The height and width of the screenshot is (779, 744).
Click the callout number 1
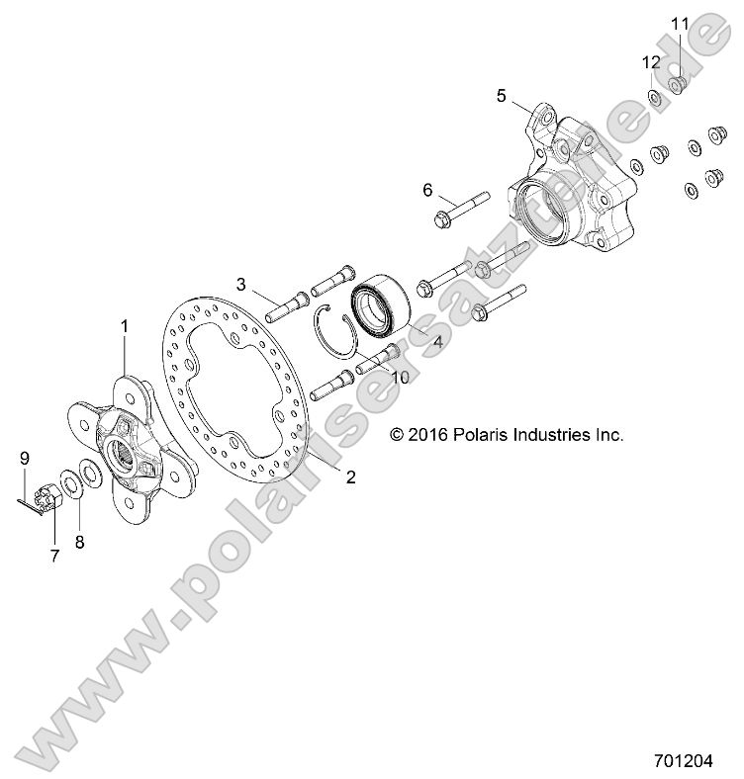[x=125, y=325]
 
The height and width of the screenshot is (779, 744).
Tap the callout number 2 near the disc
[x=350, y=476]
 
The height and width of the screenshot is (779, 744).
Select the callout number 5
[x=502, y=95]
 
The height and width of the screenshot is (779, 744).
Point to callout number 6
[x=427, y=189]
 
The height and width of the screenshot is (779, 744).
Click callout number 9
[x=25, y=457]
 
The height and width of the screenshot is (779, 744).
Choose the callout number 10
[x=400, y=378]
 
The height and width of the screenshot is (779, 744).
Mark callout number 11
[x=679, y=23]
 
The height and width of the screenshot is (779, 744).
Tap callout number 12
[x=650, y=61]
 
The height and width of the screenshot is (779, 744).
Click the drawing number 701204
[x=697, y=763]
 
